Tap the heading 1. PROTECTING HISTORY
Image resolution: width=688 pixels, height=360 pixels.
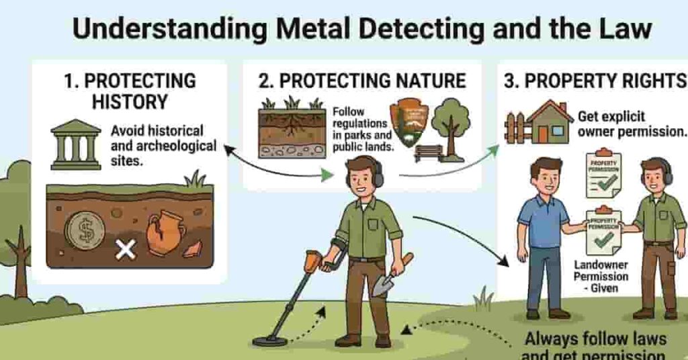pos(130,91)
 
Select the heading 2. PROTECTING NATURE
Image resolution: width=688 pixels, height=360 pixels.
pos(362,81)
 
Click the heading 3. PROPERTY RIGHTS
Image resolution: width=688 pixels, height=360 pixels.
pos(595,81)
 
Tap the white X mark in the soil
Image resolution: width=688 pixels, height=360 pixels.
pos(125,251)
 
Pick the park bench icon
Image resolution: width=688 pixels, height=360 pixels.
pos(428,153)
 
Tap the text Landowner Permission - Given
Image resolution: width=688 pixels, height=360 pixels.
pos(601,276)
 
